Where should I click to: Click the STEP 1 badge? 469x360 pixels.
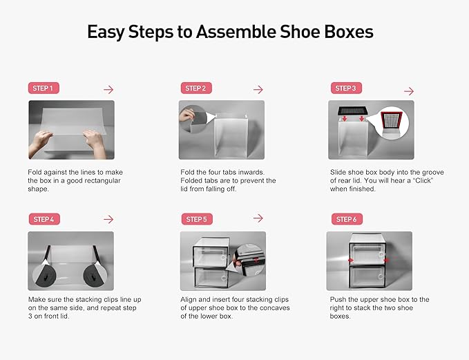click(43, 88)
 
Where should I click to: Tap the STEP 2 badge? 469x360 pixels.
click(195, 88)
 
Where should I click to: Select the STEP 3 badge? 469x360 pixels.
click(345, 88)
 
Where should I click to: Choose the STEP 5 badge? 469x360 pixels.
click(195, 219)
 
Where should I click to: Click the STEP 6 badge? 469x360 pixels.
click(345, 219)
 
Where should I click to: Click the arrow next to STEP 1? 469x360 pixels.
click(108, 90)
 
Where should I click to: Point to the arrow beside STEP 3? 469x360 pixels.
click(408, 91)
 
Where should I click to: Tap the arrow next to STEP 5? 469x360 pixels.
click(258, 218)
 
